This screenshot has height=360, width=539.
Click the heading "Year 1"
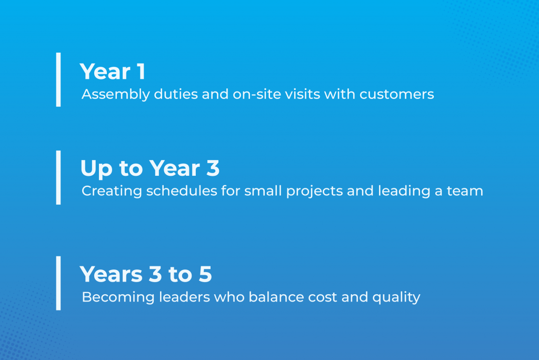(x=113, y=72)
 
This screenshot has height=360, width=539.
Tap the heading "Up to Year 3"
(x=150, y=168)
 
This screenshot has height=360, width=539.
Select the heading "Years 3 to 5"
(x=146, y=274)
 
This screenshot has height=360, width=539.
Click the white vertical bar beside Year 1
(x=58, y=79)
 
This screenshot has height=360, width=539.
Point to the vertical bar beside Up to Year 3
(x=58, y=177)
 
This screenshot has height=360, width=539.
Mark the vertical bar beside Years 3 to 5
(x=58, y=283)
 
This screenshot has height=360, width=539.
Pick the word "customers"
(x=397, y=94)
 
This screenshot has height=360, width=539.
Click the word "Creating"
(x=112, y=191)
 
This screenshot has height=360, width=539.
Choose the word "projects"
(x=315, y=191)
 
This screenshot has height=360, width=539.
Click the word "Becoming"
(x=118, y=297)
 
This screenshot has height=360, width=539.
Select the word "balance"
(x=276, y=297)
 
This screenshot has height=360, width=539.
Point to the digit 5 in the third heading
(x=205, y=274)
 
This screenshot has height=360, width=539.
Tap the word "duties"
(x=176, y=94)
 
